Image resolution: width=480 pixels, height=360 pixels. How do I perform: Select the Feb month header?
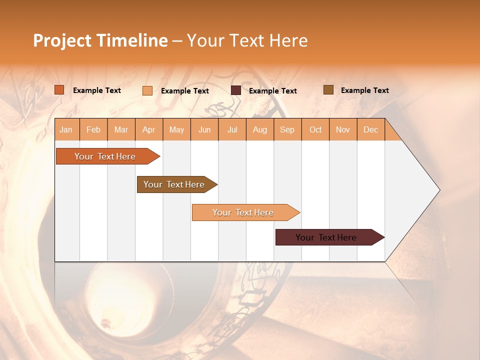coord(93,129)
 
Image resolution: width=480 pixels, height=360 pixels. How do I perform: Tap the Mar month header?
coord(121,129)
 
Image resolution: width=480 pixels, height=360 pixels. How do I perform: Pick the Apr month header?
coord(149,129)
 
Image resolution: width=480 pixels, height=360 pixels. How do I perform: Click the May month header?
coord(176,129)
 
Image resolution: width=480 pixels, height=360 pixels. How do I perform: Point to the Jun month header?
coord(204,129)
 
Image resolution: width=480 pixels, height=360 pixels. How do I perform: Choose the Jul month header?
coord(232,129)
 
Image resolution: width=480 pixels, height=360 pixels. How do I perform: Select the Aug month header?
coord(260,129)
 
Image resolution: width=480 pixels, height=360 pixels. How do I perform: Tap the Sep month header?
coord(287,129)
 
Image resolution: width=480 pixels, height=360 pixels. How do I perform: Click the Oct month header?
coord(315,129)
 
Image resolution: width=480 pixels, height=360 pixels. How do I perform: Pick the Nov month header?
coord(343,129)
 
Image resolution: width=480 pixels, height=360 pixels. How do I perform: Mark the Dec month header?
coord(371,129)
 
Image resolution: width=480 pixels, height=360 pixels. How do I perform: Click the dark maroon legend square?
coord(236,90)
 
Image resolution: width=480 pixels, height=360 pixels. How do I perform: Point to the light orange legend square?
coord(147,90)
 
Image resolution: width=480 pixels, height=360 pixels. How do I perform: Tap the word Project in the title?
coord(62,40)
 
